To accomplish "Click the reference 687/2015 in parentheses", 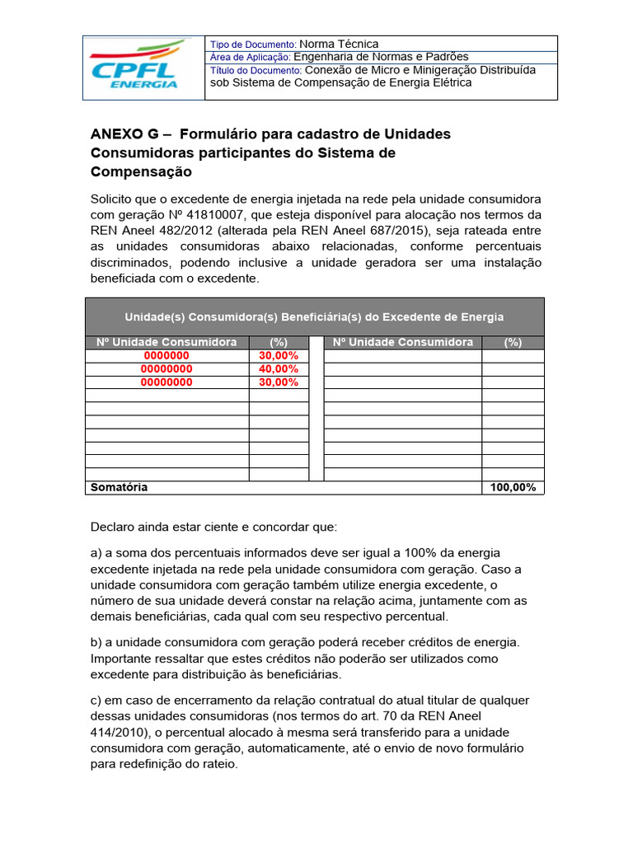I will [x=383, y=231].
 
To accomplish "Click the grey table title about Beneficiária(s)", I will [x=314, y=316].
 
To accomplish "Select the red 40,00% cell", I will [x=278, y=369].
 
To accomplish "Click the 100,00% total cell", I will [x=513, y=487].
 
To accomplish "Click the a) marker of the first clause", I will [x=94, y=552].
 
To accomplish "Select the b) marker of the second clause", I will [x=94, y=642].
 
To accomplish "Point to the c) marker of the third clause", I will [x=94, y=700].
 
